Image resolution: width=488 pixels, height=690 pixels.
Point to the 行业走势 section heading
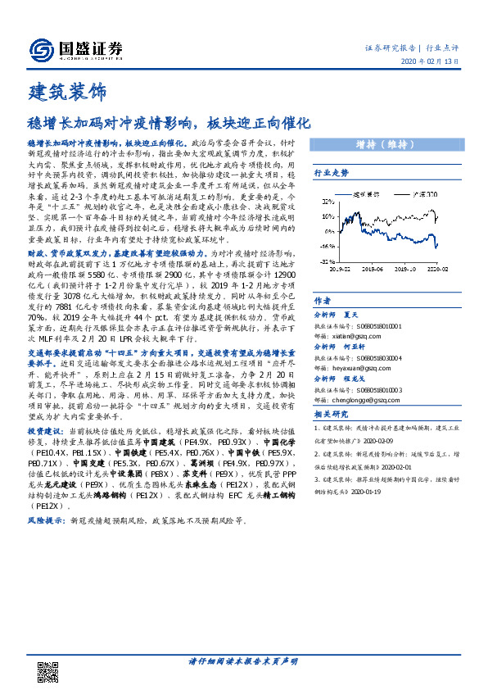coord(332,174)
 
